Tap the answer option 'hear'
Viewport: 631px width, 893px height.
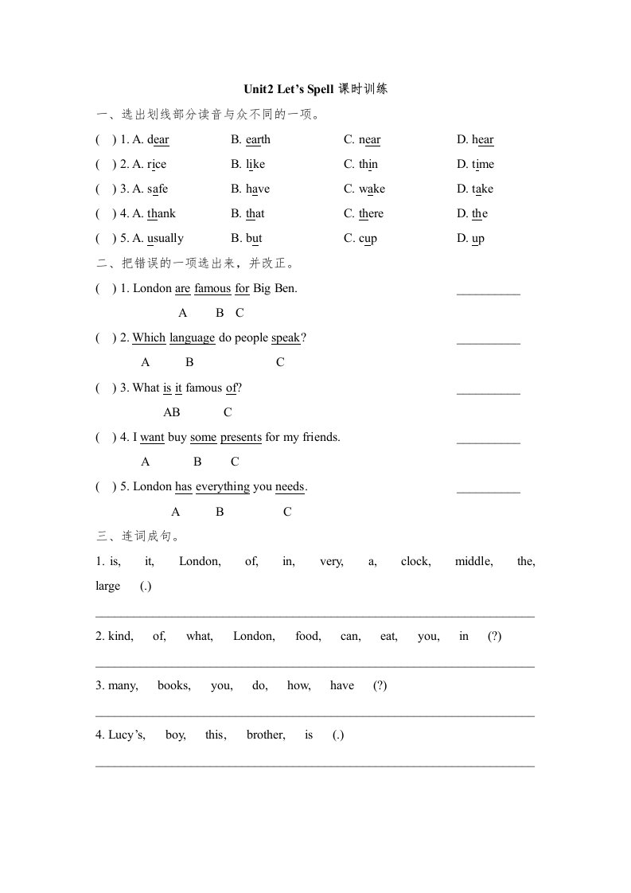[483, 139]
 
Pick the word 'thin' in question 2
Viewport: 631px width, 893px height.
[368, 164]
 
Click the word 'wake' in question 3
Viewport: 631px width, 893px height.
[372, 189]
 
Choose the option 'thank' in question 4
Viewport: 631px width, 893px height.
[162, 213]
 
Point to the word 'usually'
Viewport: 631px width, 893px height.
[166, 238]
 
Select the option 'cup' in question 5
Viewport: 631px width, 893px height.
[368, 238]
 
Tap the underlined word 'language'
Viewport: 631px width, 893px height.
[192, 337]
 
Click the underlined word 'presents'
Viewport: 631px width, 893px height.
[240, 437]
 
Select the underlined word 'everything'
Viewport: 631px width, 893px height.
[222, 486]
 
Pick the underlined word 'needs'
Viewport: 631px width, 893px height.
[290, 486]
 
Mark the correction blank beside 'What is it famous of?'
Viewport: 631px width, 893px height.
[488, 392]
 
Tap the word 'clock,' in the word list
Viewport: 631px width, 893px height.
[415, 561]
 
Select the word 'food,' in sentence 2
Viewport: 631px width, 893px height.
[308, 636]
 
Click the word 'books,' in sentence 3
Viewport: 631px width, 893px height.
[173, 685]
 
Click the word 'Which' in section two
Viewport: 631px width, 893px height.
[149, 337]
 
